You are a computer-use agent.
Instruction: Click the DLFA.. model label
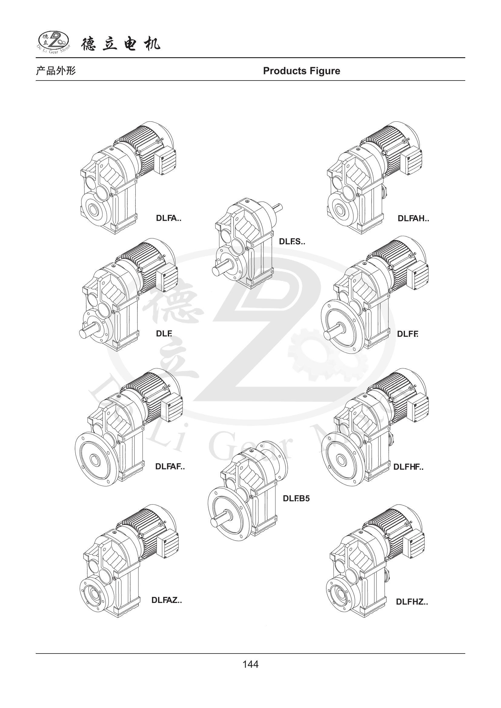click(168, 218)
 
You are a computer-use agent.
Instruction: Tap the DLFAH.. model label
click(413, 219)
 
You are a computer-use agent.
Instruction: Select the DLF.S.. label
click(292, 242)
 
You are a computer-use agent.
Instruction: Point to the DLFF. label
click(407, 334)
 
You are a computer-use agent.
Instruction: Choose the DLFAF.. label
click(170, 466)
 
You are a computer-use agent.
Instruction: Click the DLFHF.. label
click(408, 467)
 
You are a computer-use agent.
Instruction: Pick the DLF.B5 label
click(296, 499)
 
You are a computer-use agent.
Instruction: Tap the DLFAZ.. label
click(167, 600)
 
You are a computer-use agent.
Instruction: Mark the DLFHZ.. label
click(412, 602)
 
